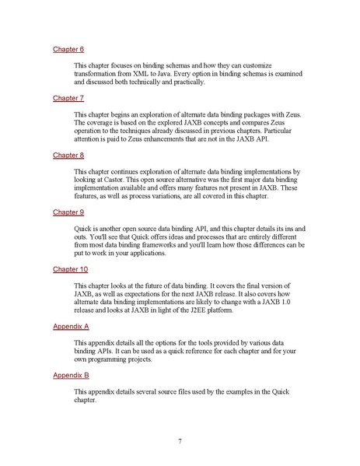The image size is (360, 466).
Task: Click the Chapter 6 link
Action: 68,49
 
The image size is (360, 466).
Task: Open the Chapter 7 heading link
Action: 68,99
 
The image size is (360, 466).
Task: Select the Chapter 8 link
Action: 68,155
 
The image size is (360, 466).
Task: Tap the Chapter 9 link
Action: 68,212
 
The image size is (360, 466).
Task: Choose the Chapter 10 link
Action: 71,268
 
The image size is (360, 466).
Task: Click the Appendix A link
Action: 71,326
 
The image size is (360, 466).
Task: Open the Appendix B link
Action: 71,374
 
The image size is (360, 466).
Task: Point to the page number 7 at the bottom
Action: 180,442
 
